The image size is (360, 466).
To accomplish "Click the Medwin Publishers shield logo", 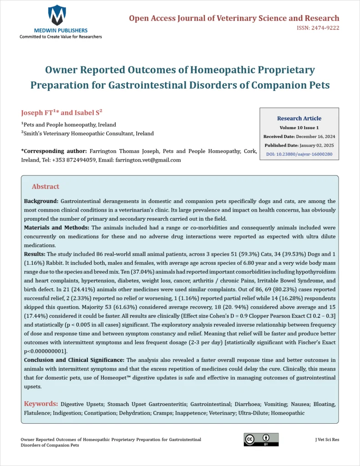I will point(57,15).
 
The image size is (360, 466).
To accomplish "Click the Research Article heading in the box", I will point(299,118).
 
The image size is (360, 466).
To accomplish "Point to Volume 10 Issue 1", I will point(299,128).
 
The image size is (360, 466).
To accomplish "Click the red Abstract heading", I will point(46,187).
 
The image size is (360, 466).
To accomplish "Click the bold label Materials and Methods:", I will point(56,227).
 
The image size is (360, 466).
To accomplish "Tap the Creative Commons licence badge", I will point(261,439).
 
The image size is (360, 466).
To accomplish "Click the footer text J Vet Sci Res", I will point(327,440).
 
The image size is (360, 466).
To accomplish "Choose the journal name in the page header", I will point(234,18).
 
